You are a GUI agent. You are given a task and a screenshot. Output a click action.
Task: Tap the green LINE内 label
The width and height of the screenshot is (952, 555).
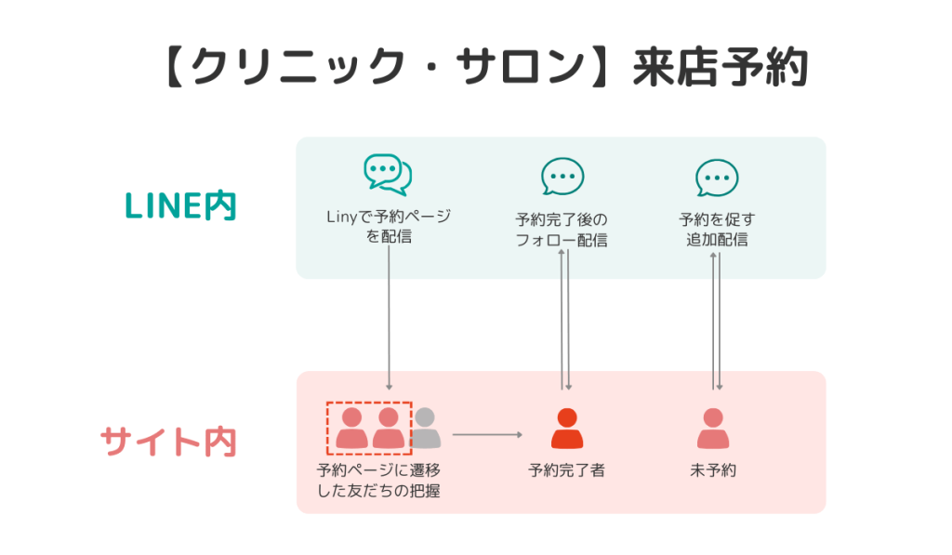(180, 205)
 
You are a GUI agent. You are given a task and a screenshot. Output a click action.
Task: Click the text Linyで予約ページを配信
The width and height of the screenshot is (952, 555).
(388, 227)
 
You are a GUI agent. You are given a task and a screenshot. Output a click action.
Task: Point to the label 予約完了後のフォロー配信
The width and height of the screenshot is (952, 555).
(562, 230)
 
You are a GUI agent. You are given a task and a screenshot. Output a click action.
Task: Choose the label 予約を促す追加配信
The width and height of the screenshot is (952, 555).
(716, 230)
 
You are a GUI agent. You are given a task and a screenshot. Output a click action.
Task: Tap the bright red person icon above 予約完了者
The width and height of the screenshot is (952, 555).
(565, 429)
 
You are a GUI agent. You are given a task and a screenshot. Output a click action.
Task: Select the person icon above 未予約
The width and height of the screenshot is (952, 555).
(713, 429)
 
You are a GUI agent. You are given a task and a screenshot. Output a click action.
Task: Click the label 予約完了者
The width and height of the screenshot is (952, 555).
(566, 470)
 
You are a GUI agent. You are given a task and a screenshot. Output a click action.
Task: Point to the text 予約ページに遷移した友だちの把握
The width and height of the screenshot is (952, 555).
(378, 481)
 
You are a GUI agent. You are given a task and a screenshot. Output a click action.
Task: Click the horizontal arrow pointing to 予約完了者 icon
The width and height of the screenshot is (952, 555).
(488, 434)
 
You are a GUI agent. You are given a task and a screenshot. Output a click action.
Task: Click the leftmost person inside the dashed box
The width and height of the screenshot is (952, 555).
(351, 429)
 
